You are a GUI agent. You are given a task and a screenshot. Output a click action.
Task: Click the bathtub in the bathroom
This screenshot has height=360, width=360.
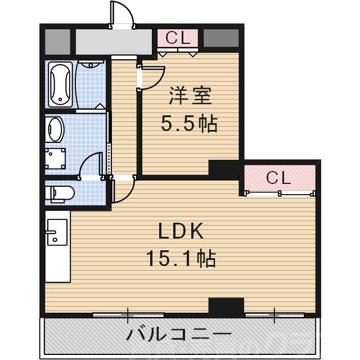[60, 84]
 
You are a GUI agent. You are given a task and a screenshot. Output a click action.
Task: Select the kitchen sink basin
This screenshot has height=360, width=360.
[56, 231]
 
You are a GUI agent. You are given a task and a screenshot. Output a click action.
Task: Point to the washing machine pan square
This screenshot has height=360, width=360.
[56, 158]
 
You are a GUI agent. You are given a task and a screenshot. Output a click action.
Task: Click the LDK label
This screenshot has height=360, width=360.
[180, 231]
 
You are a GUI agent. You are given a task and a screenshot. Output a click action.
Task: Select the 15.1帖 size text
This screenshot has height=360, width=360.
[181, 258]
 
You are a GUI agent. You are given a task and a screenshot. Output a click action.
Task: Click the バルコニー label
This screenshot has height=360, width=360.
[179, 336]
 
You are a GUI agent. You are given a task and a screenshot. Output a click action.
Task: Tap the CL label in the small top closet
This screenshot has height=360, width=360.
[178, 38]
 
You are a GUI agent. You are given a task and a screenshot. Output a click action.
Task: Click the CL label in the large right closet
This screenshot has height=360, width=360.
[278, 178]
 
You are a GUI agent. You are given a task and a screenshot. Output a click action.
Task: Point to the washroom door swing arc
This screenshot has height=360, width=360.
[90, 166]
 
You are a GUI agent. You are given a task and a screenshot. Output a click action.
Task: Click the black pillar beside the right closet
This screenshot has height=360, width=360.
[224, 168]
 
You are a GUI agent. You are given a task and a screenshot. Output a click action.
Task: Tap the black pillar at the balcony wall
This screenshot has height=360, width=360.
[226, 307]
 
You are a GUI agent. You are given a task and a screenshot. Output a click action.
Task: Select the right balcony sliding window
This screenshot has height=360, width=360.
[275, 313]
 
